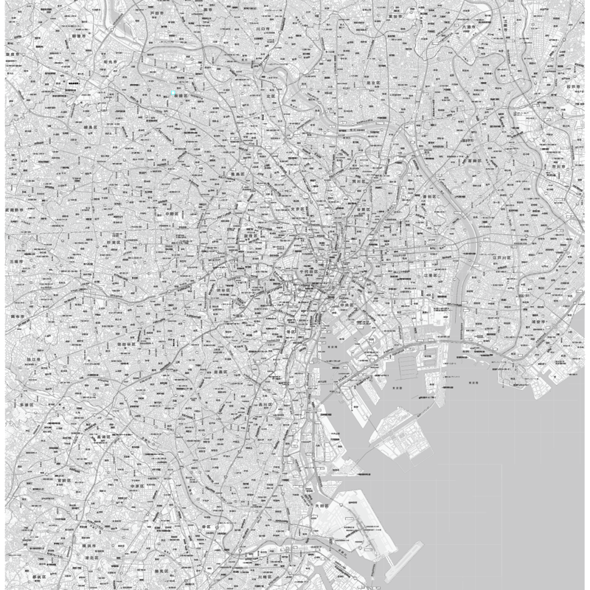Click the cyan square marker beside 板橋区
(173, 94)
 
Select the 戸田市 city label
(156, 14)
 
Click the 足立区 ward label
(373, 83)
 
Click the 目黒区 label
(220, 373)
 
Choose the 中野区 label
(173, 214)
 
